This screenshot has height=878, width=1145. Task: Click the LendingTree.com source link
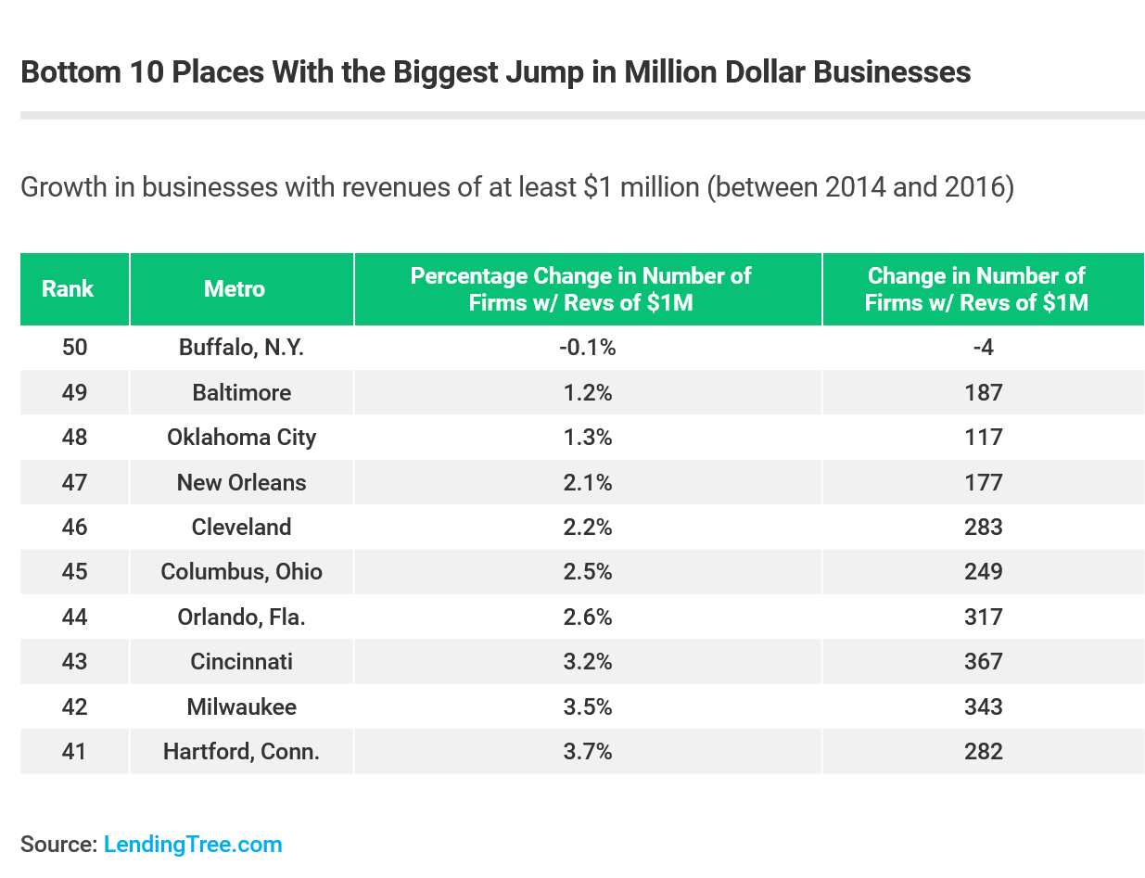pos(193,845)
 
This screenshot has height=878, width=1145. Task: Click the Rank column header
pos(68,288)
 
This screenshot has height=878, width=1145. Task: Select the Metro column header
pos(235,288)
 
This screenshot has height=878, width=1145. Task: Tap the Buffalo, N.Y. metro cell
pos(241,348)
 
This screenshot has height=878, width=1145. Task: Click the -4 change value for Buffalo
pos(983,348)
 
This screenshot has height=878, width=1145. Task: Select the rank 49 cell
pos(74,392)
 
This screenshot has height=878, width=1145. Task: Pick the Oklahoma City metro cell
pos(241,437)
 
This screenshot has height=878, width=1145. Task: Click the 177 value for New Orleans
pos(983,482)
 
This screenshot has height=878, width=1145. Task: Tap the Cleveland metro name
pos(241,527)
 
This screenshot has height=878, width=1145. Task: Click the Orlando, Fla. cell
pos(241,617)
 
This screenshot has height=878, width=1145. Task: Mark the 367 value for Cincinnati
pos(983,661)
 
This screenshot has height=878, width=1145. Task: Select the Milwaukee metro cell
pos(241,706)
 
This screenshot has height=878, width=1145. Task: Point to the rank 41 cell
pos(74,751)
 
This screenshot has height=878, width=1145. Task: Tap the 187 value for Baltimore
pos(983,392)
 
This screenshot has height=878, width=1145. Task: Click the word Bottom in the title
pos(64,72)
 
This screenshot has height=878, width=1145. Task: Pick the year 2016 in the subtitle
pos(982,187)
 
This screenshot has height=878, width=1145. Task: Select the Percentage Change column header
pos(581,288)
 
